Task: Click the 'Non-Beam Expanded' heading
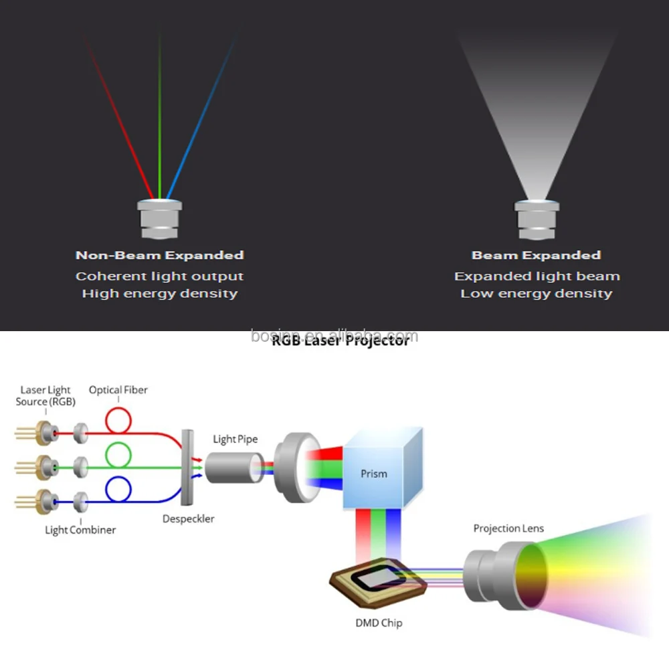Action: (x=159, y=255)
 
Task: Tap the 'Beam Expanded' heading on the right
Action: (x=536, y=255)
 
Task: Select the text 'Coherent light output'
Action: (x=159, y=276)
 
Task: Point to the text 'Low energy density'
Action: (x=536, y=294)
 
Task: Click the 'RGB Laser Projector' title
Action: (x=340, y=341)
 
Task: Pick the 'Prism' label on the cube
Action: (x=373, y=474)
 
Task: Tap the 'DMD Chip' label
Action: (x=379, y=623)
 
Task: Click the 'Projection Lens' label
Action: (x=508, y=529)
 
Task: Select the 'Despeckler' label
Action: (x=189, y=518)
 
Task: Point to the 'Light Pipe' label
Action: (x=235, y=440)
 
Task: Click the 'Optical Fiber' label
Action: (x=118, y=390)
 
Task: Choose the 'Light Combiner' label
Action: (x=80, y=530)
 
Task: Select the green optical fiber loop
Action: (x=118, y=456)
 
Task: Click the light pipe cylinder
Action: (x=231, y=467)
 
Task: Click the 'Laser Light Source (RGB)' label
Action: (x=45, y=395)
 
